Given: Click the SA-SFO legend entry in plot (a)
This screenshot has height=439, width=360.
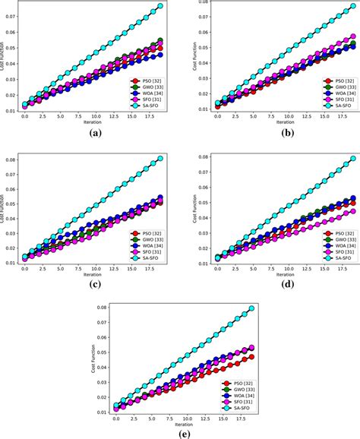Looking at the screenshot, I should (149, 105).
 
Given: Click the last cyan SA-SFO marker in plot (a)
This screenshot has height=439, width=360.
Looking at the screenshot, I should (159, 6).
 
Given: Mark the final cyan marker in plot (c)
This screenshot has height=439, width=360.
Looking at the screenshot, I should (159, 159).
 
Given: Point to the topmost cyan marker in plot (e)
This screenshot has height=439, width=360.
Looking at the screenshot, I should (251, 309).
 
